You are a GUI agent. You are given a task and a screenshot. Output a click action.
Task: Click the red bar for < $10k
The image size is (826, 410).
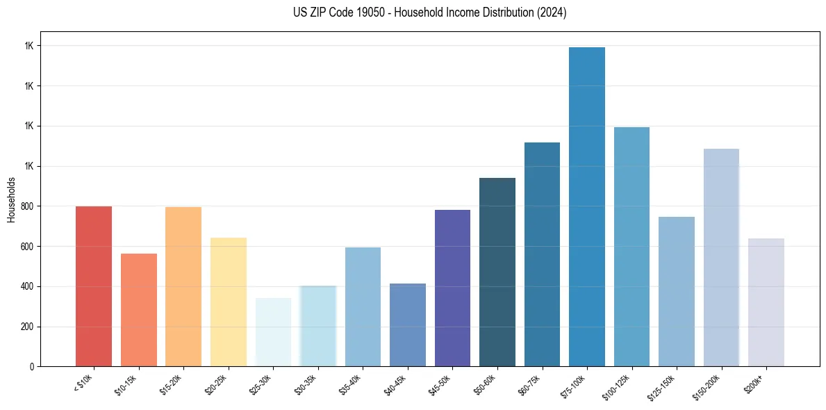coord(94,286)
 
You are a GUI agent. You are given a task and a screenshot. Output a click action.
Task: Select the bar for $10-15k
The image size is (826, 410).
coord(139,310)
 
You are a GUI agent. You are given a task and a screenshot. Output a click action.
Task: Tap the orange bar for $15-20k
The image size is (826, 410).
coord(183,286)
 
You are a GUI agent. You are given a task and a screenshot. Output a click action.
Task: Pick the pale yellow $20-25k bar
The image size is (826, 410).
coord(229,302)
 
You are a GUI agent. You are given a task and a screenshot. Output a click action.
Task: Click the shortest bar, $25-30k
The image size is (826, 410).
coord(273,332)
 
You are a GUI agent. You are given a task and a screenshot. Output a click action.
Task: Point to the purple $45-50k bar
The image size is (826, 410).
coord(452,288)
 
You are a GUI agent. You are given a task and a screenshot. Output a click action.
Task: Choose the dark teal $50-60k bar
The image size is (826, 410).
coord(497,272)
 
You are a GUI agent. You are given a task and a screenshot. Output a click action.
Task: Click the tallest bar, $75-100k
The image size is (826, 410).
coord(587,207)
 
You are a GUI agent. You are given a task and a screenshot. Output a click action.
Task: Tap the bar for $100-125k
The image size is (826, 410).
coord(631,247)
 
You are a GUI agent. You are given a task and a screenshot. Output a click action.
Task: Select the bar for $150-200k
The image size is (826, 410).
coord(721,258)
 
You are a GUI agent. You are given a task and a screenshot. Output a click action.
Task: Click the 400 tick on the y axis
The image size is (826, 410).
coord(28,286)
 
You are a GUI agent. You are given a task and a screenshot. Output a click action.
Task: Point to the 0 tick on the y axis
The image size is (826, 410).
coord(32,366)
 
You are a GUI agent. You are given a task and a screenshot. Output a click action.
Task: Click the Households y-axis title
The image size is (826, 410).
coord(11,199)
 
